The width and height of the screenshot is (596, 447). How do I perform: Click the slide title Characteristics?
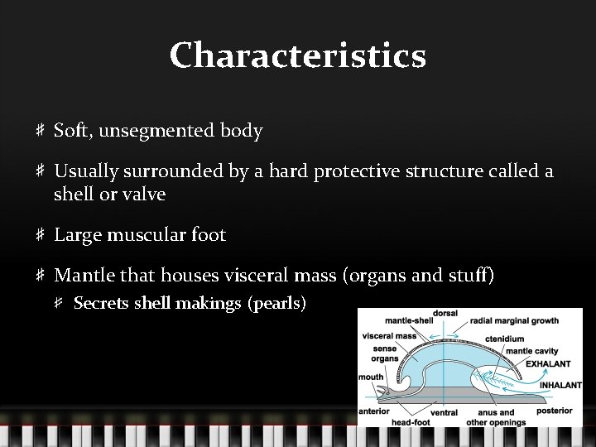tap(298, 56)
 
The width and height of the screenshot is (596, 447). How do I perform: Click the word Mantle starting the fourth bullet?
tap(84, 275)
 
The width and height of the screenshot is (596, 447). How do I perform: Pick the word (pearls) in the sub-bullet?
tap(276, 303)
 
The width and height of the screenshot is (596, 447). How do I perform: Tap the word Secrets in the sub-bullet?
tap(101, 303)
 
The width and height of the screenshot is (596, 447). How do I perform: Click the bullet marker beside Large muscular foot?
tap(40, 235)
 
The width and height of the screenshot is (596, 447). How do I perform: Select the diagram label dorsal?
tap(445, 314)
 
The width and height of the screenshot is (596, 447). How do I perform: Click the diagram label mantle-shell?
tap(409, 320)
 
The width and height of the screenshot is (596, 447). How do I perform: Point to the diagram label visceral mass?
tap(389, 336)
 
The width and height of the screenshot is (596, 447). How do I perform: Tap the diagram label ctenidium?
tap(504, 339)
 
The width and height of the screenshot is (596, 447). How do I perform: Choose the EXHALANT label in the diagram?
tap(548, 363)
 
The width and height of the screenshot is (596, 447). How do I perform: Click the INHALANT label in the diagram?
tap(560, 385)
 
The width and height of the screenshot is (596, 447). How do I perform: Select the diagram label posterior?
tap(554, 411)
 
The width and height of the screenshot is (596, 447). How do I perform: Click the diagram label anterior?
tap(374, 411)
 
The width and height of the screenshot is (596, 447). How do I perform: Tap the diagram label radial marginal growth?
tap(514, 320)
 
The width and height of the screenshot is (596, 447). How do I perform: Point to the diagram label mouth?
tap(371, 377)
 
